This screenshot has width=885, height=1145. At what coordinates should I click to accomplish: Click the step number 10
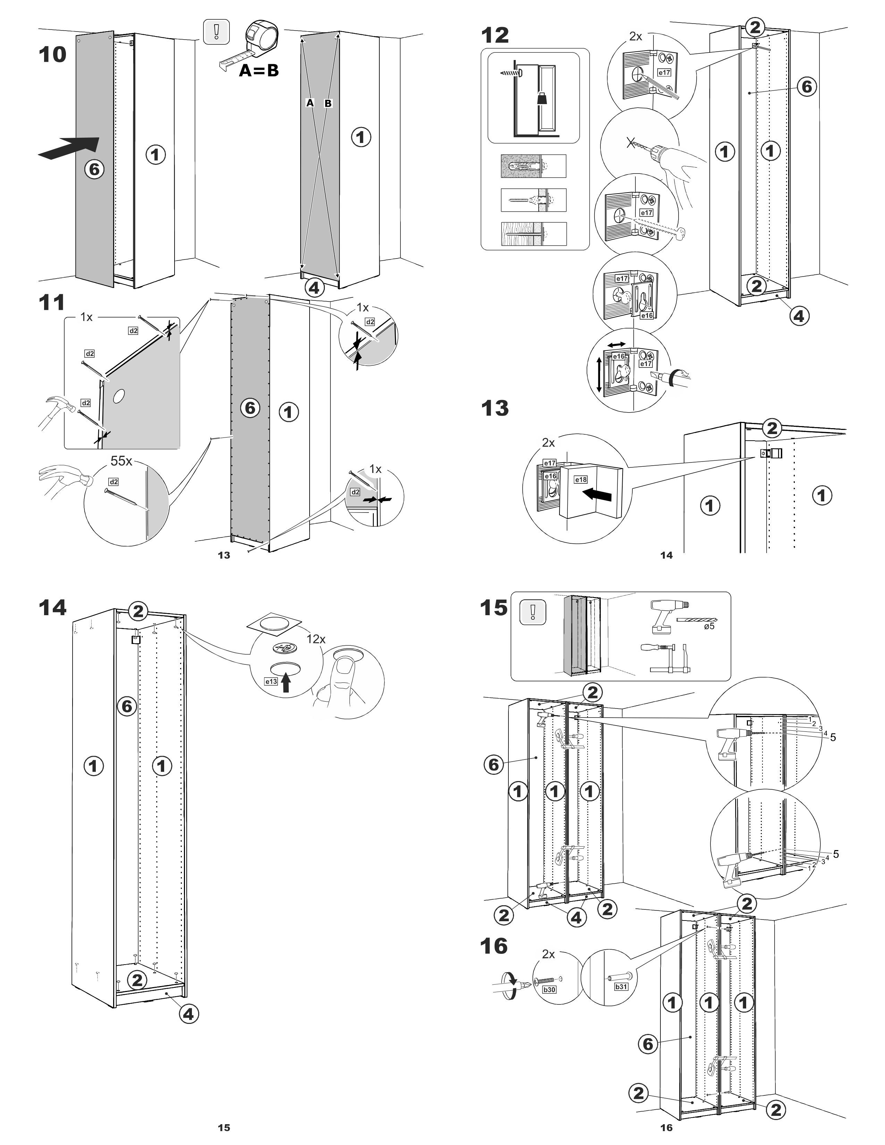(x=52, y=54)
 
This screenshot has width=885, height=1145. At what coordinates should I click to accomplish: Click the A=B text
(x=259, y=70)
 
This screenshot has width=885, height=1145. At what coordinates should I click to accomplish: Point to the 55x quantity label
(x=121, y=461)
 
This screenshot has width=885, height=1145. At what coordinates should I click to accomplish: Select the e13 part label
(x=271, y=681)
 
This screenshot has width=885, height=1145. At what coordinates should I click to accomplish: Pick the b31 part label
(x=621, y=986)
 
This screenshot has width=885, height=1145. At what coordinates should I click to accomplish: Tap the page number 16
(x=666, y=1127)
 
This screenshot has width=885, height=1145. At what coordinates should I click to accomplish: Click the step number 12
(x=495, y=36)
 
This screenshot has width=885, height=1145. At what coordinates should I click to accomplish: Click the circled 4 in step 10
(x=313, y=287)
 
